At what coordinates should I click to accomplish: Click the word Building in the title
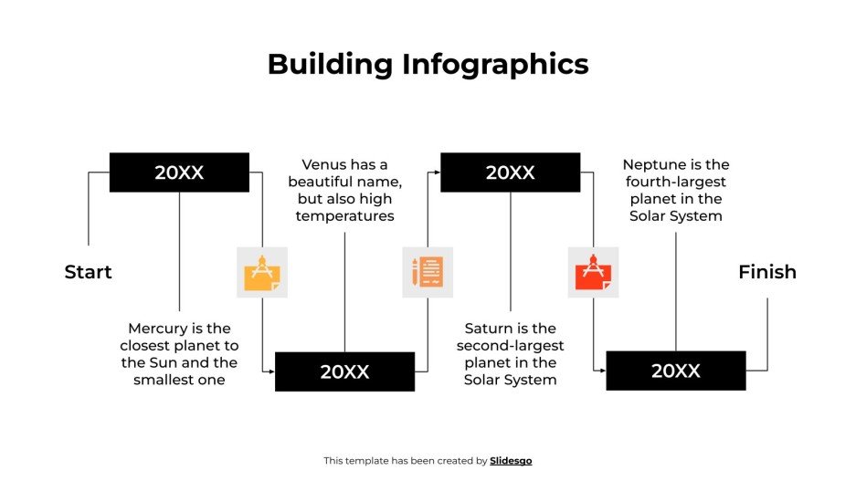[x=330, y=64]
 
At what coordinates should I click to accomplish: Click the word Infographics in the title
[x=495, y=64]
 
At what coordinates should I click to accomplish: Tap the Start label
[x=88, y=272]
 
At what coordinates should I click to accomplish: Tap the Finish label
[x=766, y=272]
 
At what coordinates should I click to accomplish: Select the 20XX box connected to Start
[x=179, y=173]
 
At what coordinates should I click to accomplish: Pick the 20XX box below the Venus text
[x=344, y=371]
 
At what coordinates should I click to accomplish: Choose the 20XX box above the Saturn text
[x=510, y=173]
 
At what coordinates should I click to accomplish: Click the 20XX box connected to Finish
[x=675, y=371]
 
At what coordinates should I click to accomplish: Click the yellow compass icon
[x=261, y=272]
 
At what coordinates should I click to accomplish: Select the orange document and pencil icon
[x=428, y=272]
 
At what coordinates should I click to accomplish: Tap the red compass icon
[x=593, y=272]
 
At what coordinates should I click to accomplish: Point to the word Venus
[x=325, y=165]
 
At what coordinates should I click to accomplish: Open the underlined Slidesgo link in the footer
[x=511, y=461]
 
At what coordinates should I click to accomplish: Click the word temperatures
[x=344, y=216]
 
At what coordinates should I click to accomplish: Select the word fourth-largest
[x=676, y=182]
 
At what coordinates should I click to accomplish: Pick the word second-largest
[x=510, y=346]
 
